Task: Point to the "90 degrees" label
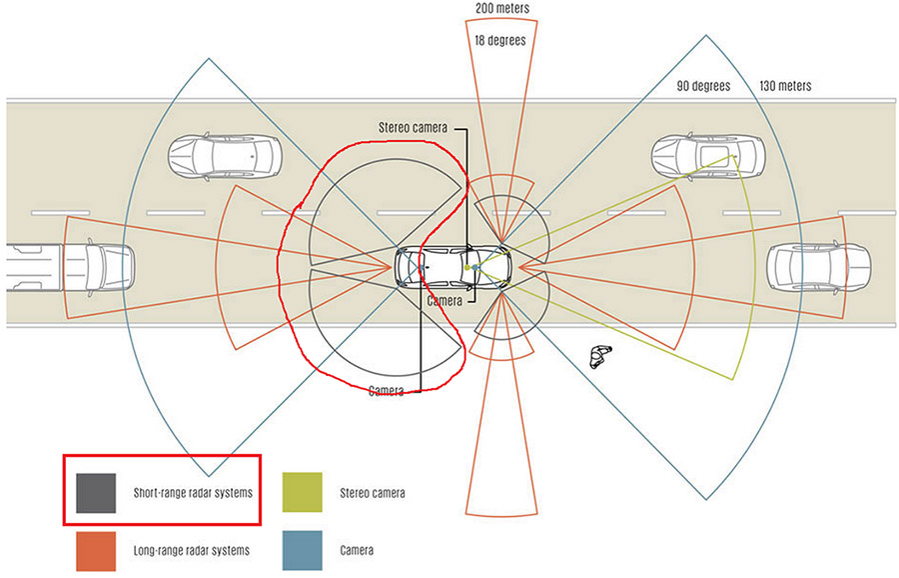tap(703, 86)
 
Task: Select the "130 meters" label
tap(785, 86)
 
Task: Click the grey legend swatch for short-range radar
tap(97, 492)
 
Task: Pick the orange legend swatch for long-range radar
tap(97, 549)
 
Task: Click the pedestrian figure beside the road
tap(599, 355)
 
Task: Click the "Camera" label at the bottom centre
tap(386, 390)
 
